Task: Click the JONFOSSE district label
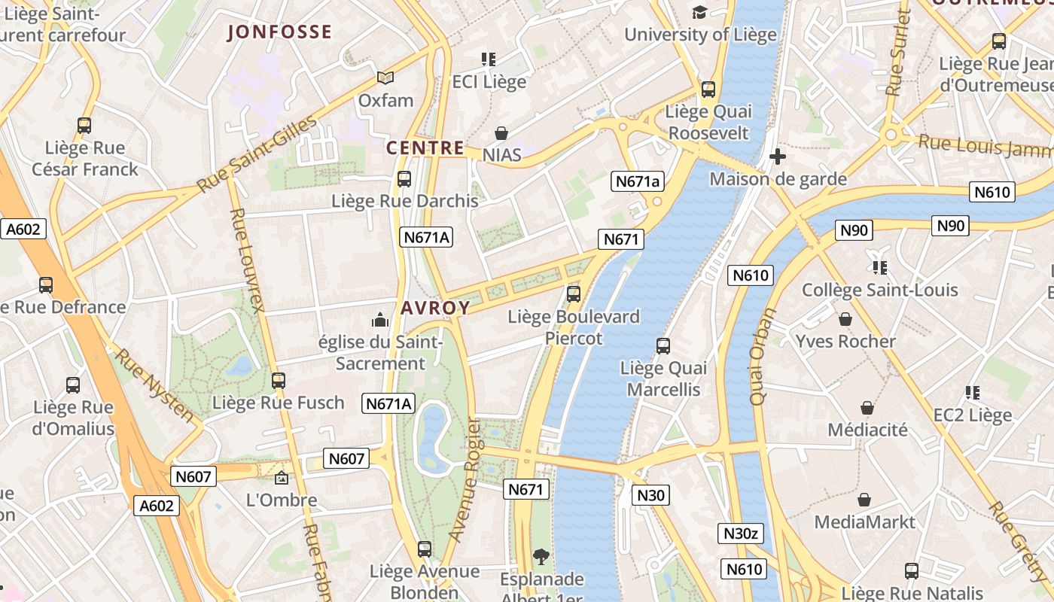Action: tap(279, 32)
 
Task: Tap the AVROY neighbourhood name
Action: tap(435, 308)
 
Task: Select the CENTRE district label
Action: tap(425, 148)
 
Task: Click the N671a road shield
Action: tap(638, 181)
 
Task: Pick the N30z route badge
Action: tap(741, 534)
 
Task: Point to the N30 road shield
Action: tap(650, 494)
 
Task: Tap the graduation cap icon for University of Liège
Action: tap(700, 13)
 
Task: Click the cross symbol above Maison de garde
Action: tap(778, 157)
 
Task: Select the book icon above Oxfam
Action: tap(385, 78)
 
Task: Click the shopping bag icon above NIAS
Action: tap(501, 134)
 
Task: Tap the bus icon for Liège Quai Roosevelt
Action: tap(708, 90)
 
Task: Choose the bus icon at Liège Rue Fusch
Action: tap(279, 381)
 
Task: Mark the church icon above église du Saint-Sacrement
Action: tap(380, 321)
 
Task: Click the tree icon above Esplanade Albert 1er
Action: tap(541, 557)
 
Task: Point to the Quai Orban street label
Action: tap(762, 357)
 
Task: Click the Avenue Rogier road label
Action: tap(464, 479)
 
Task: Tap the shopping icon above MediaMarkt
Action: tap(864, 500)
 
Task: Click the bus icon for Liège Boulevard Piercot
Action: tap(574, 294)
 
